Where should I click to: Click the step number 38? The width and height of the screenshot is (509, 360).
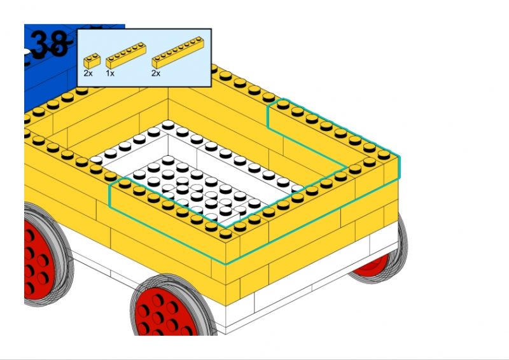(x=50, y=44)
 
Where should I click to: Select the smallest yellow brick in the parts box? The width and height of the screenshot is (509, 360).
(x=92, y=60)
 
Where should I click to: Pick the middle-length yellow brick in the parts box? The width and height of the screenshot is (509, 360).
(x=126, y=55)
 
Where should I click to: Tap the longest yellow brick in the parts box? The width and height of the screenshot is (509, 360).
(x=178, y=52)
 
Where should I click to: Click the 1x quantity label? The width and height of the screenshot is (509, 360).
(x=110, y=73)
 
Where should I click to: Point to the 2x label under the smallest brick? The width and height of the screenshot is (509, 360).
(x=88, y=73)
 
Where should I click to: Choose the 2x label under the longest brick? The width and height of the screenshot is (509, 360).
(x=156, y=73)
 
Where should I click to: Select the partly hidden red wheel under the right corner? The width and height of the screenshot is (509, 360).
(x=373, y=265)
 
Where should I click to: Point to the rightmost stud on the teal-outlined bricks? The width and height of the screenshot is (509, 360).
(x=384, y=154)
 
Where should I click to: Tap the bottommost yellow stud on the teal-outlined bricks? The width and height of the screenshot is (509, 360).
(x=225, y=233)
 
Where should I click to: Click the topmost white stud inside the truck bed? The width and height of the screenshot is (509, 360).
(x=168, y=124)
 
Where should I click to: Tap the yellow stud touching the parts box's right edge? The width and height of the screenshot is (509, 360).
(x=213, y=69)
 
